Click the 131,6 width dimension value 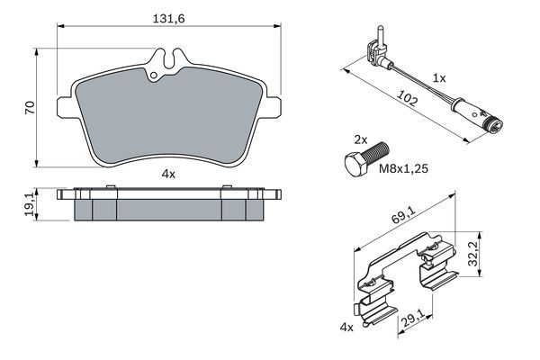[x=169, y=19]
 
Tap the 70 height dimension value [x=30, y=108]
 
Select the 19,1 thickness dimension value [x=30, y=204]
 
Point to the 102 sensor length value [x=408, y=97]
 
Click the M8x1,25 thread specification [x=403, y=168]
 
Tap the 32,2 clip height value [x=474, y=254]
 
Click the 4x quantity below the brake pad [x=168, y=175]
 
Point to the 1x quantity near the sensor [x=439, y=78]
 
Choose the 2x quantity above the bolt [x=361, y=139]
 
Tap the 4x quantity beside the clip [x=346, y=327]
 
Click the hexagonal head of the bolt [x=356, y=166]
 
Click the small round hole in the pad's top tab [x=154, y=75]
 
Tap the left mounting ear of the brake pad [x=67, y=107]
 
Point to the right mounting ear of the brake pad [x=272, y=107]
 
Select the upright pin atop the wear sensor [x=380, y=36]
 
